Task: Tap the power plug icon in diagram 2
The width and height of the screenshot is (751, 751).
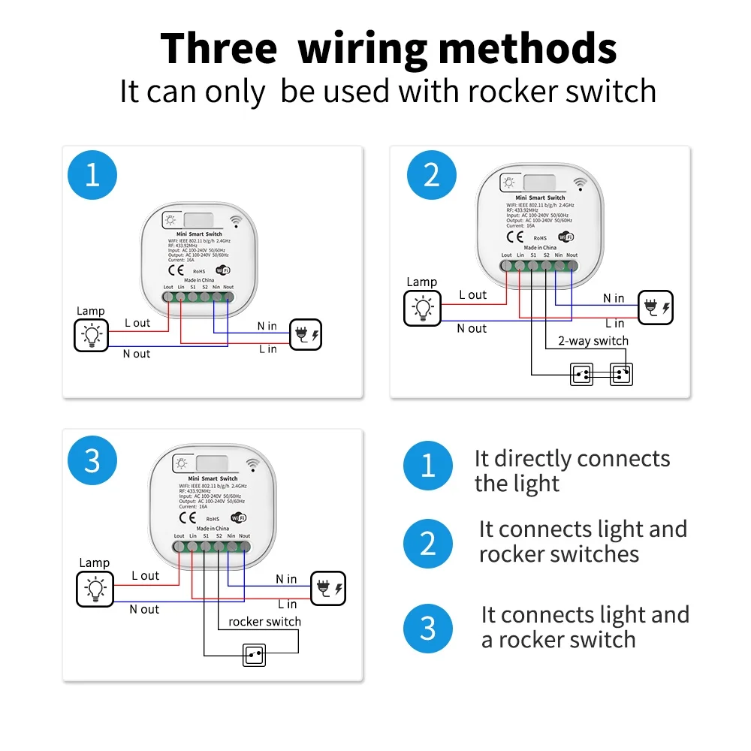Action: [655, 307]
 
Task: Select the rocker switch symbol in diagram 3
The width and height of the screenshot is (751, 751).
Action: [255, 654]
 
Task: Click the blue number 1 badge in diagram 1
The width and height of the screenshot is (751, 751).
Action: [92, 175]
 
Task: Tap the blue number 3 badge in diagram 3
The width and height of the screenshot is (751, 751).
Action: [92, 460]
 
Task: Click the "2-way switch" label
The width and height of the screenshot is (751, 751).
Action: [593, 341]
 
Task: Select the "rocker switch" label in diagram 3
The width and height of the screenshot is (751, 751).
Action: [264, 622]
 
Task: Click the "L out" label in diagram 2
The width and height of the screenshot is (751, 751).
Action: [473, 295]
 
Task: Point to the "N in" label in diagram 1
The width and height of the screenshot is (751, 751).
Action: [267, 326]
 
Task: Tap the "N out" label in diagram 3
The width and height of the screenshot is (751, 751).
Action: [144, 609]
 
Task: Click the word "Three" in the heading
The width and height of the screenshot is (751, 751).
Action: [219, 49]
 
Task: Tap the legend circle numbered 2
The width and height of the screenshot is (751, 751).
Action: [427, 542]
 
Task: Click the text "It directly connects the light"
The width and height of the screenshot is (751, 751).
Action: [572, 471]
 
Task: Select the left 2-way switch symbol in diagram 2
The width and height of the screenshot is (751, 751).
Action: [581, 373]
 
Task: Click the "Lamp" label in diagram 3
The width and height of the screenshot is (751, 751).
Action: [95, 562]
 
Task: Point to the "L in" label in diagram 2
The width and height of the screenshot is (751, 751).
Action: [614, 323]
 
